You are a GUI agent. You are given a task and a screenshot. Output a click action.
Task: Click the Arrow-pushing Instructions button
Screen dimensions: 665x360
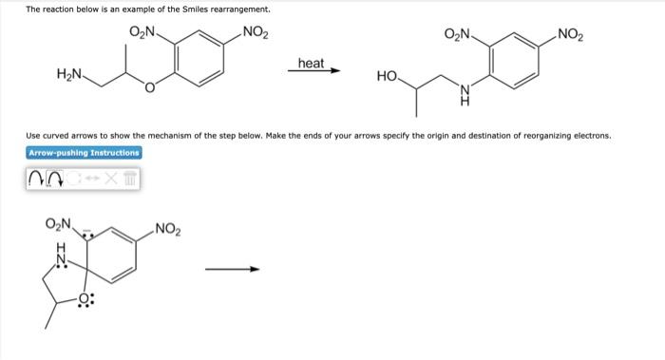[x=84, y=153]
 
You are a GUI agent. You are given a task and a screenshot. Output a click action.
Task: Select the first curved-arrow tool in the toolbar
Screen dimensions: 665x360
[x=35, y=180]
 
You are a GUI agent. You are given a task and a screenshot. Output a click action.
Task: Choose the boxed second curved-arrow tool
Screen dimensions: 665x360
[x=55, y=179]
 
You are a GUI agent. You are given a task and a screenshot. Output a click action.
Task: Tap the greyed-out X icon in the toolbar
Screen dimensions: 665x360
[x=110, y=179]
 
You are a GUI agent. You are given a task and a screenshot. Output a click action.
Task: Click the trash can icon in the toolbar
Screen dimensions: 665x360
[x=131, y=179]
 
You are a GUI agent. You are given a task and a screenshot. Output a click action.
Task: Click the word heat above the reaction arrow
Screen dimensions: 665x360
[x=311, y=64]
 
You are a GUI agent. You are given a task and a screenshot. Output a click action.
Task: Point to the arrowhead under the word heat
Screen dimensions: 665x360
[x=335, y=70]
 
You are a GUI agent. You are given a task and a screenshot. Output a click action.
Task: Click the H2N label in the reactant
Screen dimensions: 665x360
[x=69, y=74]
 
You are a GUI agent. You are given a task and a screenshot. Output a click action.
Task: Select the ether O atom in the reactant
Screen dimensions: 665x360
[x=149, y=87]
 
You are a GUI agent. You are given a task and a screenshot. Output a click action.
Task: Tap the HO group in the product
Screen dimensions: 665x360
[x=387, y=76]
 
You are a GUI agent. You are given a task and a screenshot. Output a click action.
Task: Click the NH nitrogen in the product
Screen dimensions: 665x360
[x=465, y=90]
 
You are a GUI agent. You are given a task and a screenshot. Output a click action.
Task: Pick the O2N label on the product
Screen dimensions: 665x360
[x=457, y=33]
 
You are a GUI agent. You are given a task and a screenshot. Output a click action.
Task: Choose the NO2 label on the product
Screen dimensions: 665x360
[x=570, y=34]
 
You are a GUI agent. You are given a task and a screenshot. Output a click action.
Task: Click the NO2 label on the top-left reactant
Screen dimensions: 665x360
[x=256, y=32]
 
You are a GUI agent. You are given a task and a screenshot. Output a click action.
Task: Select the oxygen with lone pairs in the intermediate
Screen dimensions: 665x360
[x=85, y=298]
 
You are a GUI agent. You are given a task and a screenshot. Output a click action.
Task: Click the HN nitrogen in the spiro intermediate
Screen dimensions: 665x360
[x=62, y=258]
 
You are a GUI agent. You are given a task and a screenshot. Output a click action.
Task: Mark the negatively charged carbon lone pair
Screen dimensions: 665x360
[x=87, y=234]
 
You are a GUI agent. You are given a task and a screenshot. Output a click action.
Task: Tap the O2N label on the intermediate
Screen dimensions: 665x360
[x=58, y=223]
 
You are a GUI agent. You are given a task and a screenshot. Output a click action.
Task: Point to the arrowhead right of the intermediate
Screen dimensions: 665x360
[x=255, y=269]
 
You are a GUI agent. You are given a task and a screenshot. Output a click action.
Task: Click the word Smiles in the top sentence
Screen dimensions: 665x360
[x=195, y=9]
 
